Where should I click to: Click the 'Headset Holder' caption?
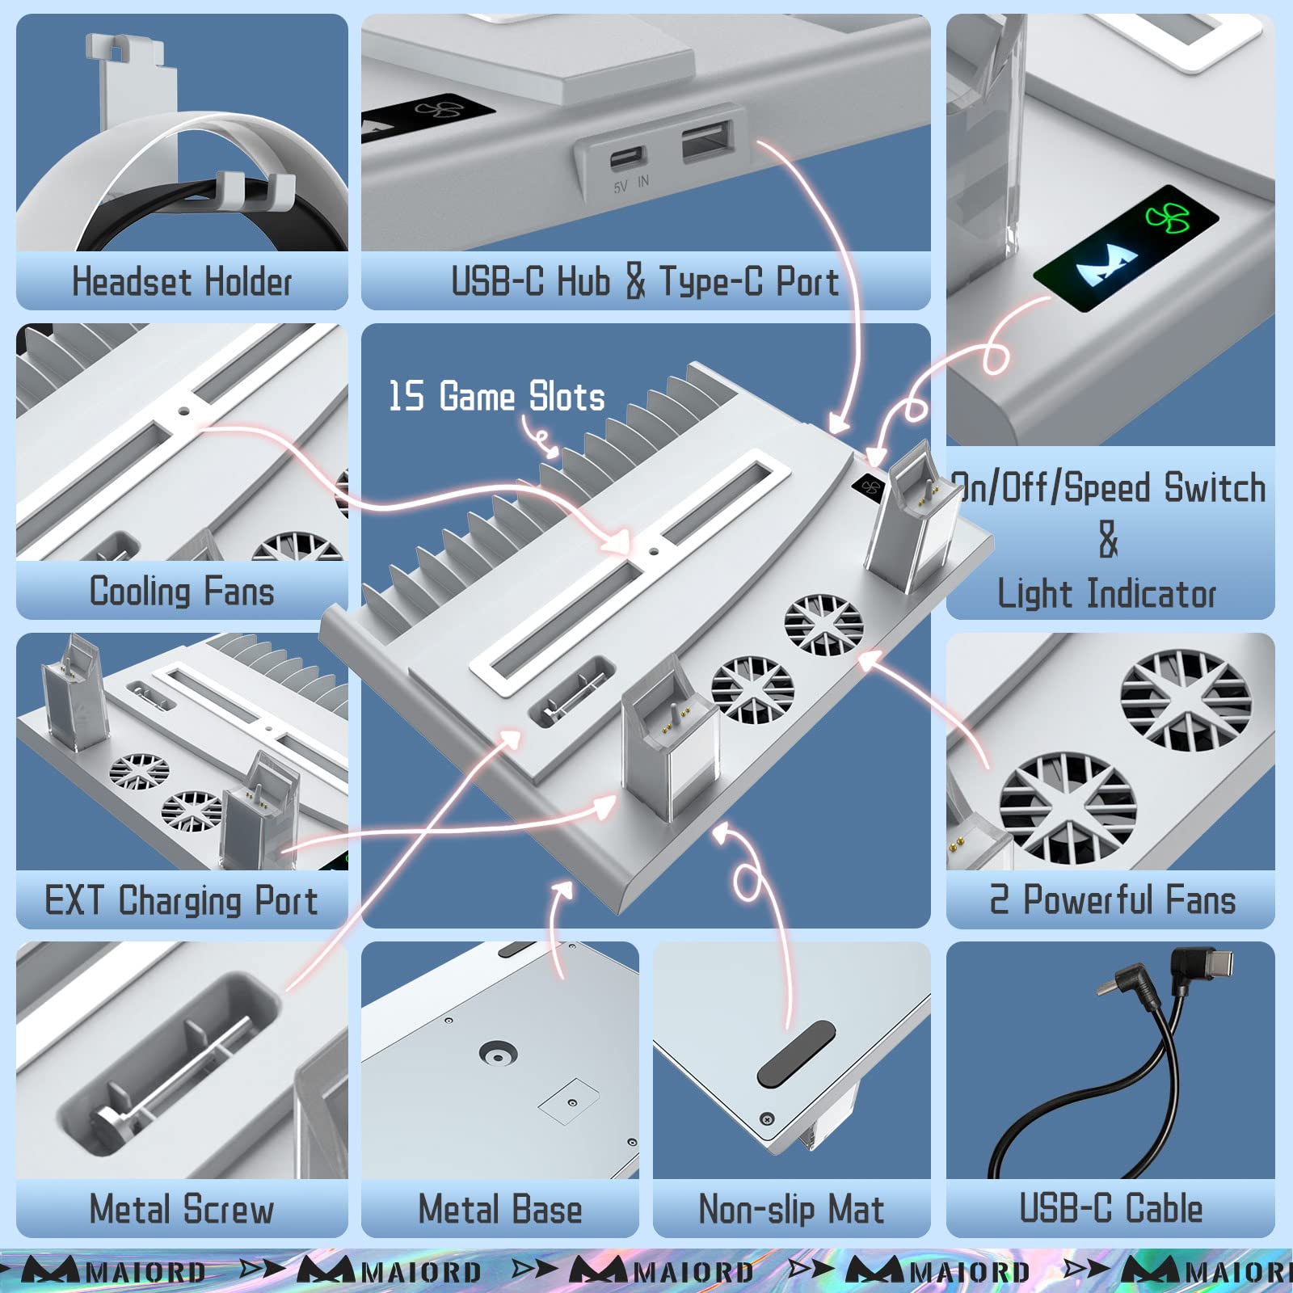pos(182,282)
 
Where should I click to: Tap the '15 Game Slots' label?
pos(497,396)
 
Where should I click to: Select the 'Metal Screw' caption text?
pos(182,1209)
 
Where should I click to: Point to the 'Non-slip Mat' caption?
pos(791,1210)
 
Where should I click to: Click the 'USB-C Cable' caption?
pos(1110,1208)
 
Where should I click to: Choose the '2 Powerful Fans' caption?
pos(1113,899)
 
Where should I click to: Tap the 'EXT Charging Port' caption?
pos(181,900)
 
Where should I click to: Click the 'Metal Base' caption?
pos(500,1209)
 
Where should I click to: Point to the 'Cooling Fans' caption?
pos(182,591)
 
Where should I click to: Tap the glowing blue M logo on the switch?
pos(1106,263)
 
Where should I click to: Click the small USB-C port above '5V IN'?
pos(627,157)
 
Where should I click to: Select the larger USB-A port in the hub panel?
pos(708,138)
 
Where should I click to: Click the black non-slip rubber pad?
pos(796,1053)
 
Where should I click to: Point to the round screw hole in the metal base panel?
pos(498,1054)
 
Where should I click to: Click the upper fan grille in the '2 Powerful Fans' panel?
pos(1186,701)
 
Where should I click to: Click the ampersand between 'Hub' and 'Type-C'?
pos(636,281)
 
